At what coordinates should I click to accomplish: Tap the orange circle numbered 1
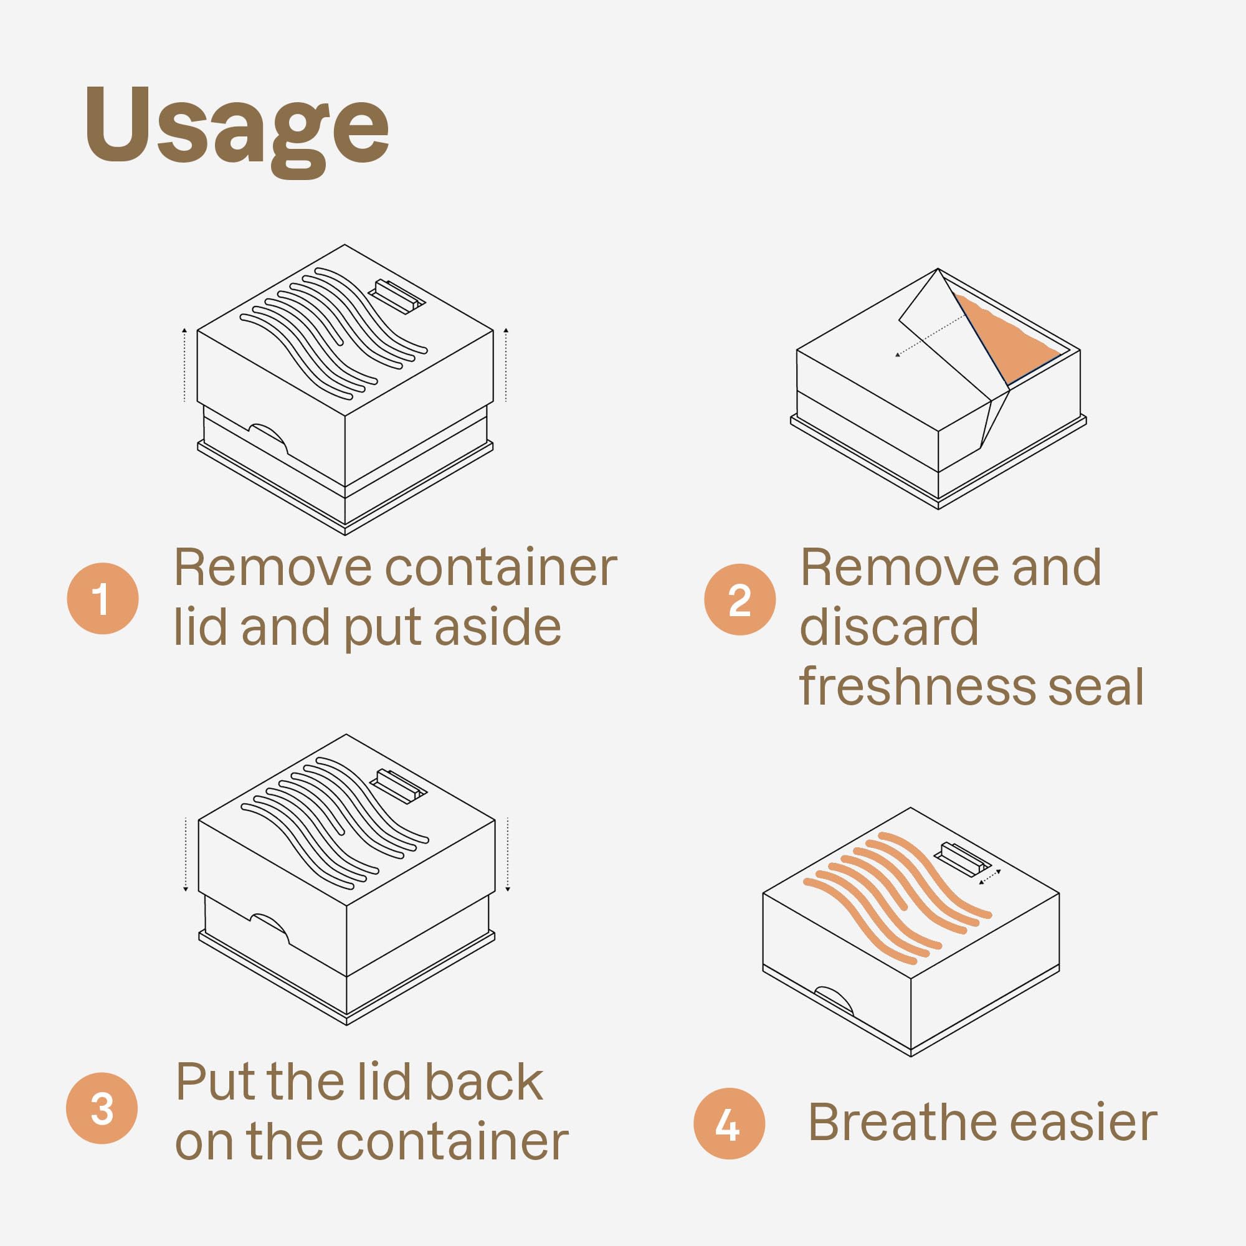(x=103, y=599)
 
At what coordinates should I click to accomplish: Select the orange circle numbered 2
(x=740, y=599)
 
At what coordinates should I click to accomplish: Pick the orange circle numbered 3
(x=102, y=1108)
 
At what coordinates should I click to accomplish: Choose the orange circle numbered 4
(x=730, y=1123)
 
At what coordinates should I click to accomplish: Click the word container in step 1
(x=501, y=568)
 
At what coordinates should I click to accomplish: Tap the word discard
(x=889, y=626)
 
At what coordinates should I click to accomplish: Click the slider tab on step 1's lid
(x=397, y=296)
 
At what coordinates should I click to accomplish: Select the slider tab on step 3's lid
(x=398, y=787)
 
